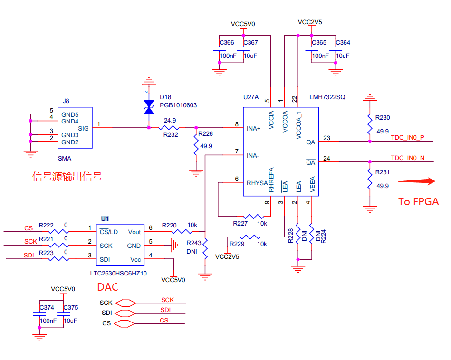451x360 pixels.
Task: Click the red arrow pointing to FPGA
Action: coord(417,181)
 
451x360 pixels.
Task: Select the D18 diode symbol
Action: coord(149,107)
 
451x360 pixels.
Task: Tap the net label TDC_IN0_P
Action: coord(407,138)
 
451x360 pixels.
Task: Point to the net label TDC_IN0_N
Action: coord(407,158)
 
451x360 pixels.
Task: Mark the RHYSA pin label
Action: coord(257,183)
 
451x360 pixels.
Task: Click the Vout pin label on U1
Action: coord(134,232)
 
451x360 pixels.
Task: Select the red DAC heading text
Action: coord(107,287)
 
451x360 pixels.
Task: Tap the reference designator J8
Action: coord(66,101)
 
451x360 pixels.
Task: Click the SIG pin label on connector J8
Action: coord(83,128)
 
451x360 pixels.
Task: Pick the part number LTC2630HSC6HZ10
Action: coord(118,274)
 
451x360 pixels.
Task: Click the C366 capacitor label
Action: coord(227,43)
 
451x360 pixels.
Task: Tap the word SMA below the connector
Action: coord(64,159)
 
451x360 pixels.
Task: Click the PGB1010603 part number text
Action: coord(178,105)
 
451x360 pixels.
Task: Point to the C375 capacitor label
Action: coord(70,308)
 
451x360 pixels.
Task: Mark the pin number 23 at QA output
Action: coord(326,138)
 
